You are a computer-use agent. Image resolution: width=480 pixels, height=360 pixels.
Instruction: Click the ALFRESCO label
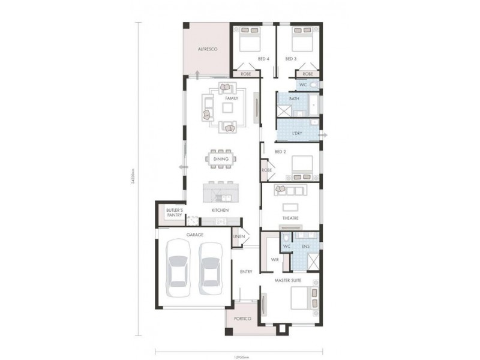(x=207, y=48)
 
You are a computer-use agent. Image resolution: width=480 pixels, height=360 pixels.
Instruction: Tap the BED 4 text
(x=263, y=59)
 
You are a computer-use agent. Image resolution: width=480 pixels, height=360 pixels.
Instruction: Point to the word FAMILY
(x=232, y=98)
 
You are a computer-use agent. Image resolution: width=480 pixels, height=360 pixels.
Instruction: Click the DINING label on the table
(x=220, y=159)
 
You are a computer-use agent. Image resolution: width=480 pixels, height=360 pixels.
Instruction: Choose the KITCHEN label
(x=220, y=211)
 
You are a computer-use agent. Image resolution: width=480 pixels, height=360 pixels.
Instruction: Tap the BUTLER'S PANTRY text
(x=175, y=213)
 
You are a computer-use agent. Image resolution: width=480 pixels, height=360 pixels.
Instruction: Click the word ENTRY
(x=245, y=272)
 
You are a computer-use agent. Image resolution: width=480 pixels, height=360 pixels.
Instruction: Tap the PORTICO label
(x=242, y=319)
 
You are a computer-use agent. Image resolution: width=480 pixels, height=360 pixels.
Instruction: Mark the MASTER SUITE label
(x=288, y=280)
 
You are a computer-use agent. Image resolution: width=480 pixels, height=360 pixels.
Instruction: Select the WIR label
(x=274, y=260)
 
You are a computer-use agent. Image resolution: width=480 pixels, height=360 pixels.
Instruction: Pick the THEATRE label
(x=290, y=218)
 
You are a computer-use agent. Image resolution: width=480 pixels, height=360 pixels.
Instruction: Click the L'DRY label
(x=296, y=132)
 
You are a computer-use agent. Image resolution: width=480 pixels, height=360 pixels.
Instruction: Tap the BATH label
(x=294, y=98)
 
